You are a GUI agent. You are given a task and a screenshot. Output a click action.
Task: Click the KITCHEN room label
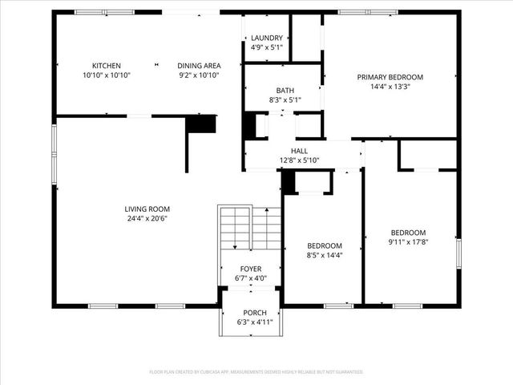click(107, 66)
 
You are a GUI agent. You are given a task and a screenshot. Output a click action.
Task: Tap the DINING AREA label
click(198, 66)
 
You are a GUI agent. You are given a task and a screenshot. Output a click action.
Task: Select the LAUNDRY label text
click(266, 38)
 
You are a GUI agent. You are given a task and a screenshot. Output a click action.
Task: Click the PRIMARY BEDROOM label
click(390, 77)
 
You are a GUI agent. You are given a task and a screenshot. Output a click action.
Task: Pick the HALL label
click(299, 151)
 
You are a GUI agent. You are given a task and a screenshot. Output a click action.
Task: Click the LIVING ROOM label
click(147, 209)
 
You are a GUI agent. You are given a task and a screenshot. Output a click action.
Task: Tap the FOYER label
click(251, 269)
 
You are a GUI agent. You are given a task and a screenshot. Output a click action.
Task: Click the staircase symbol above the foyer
click(249, 229)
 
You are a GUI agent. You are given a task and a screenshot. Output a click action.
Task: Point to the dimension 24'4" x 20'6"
click(147, 218)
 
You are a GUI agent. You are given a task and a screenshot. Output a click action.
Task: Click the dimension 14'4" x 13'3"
click(390, 87)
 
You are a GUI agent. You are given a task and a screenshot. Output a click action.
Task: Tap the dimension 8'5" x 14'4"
click(325, 255)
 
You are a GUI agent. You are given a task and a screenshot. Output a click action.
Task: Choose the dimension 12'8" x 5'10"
click(299, 160)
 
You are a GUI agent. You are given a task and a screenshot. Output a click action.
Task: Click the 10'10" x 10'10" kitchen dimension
click(107, 75)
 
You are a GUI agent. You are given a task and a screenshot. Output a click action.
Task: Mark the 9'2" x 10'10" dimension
click(198, 75)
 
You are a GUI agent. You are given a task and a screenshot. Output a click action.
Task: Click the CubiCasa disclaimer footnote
click(256, 372)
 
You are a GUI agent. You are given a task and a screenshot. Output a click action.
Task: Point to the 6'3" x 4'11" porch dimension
click(255, 322)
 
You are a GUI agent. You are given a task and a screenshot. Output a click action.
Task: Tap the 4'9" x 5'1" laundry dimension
click(266, 47)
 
